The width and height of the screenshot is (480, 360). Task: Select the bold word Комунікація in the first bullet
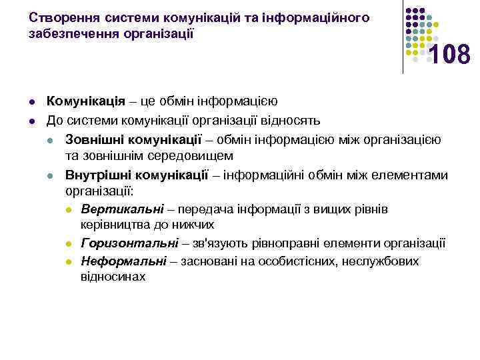(x=85, y=101)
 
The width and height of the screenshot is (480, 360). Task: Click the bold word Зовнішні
(x=91, y=139)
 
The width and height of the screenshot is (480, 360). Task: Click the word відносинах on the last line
(x=113, y=276)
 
